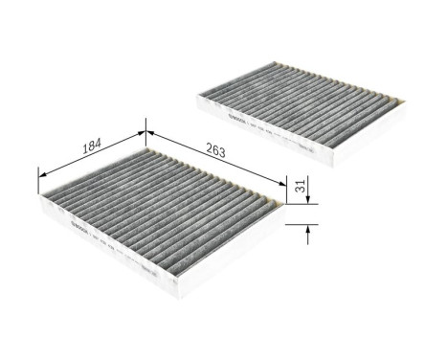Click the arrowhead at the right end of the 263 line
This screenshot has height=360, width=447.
point(283,183)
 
